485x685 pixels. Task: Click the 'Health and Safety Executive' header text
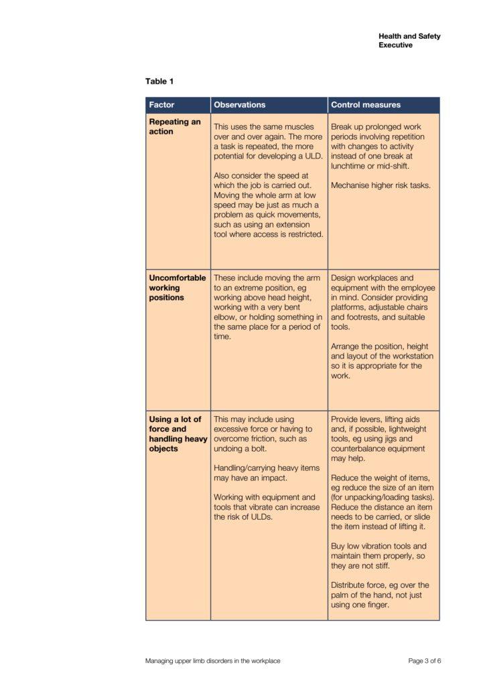[x=409, y=41]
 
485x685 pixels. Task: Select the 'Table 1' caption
[x=159, y=82]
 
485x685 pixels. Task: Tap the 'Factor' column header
[x=161, y=105]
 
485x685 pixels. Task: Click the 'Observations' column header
[x=239, y=105]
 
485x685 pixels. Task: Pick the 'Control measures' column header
[x=365, y=105]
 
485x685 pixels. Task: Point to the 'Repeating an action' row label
[x=174, y=126]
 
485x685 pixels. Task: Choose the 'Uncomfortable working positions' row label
[x=177, y=288]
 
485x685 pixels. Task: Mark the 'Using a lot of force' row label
[x=178, y=434]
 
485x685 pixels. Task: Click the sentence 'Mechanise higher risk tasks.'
[x=380, y=185]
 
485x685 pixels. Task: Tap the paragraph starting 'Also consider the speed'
[x=268, y=205]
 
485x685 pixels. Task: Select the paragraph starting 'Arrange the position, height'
[x=382, y=366]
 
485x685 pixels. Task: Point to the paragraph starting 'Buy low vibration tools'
[x=379, y=555]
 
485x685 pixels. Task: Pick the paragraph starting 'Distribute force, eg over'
[x=380, y=595]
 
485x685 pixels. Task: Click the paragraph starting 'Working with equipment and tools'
[x=265, y=506]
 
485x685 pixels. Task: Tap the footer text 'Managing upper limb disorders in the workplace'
[x=212, y=661]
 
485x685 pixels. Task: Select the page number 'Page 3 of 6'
[x=425, y=661]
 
